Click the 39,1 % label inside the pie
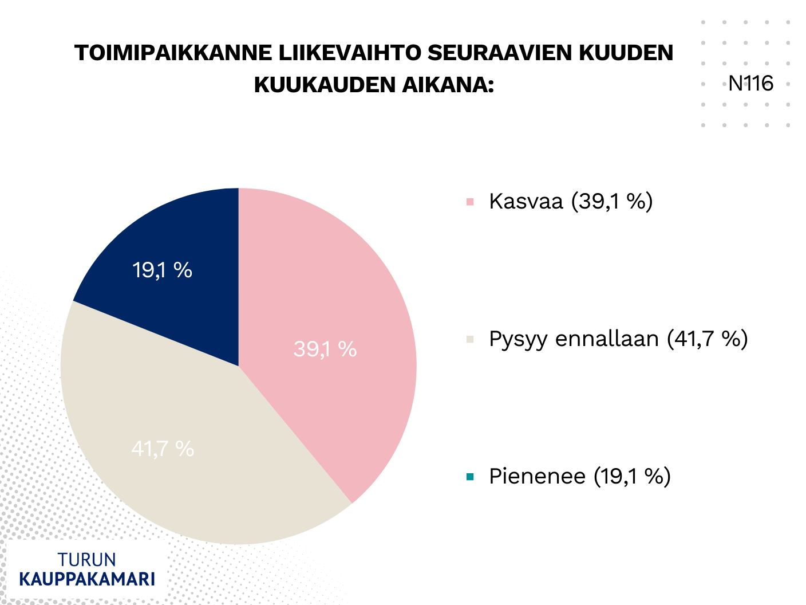tap(325, 349)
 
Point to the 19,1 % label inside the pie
tap(162, 270)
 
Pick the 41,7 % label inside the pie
tap(163, 449)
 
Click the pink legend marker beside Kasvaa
tap(471, 202)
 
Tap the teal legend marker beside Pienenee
tap(471, 477)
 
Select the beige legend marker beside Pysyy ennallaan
tap(471, 339)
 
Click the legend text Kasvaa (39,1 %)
tap(571, 202)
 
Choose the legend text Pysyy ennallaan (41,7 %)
tap(618, 339)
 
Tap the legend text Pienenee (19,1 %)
tap(579, 477)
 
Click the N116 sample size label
tap(750, 84)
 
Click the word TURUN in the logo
tap(87, 560)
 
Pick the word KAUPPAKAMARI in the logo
tap(87, 579)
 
